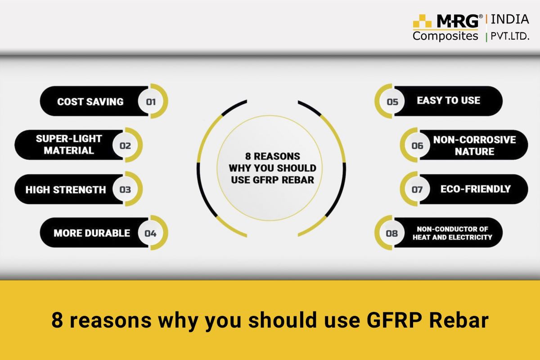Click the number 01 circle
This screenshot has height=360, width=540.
tap(151, 102)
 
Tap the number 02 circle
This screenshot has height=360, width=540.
tap(125, 145)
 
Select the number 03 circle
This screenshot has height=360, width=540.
tap(125, 189)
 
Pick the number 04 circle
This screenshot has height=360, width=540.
tap(150, 233)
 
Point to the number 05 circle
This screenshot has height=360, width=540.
tap(392, 102)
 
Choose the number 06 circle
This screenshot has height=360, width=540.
tap(417, 145)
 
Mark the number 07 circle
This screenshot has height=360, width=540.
tap(417, 189)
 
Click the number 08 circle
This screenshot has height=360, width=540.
tap(392, 233)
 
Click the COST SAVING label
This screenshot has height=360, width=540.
tap(90, 102)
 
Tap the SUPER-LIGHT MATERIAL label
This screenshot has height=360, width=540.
tap(69, 144)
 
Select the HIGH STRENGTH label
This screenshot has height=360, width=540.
tap(65, 189)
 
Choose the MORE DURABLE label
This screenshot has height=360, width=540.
tap(91, 233)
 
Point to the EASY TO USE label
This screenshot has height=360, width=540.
tap(448, 100)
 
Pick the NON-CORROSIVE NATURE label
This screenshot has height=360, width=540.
tap(474, 145)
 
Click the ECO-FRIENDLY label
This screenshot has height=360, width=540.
tap(475, 189)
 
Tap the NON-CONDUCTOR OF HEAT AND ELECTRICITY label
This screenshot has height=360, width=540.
tap(452, 233)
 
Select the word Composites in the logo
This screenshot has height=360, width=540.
tap(445, 36)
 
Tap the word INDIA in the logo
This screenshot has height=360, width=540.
tap(509, 19)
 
